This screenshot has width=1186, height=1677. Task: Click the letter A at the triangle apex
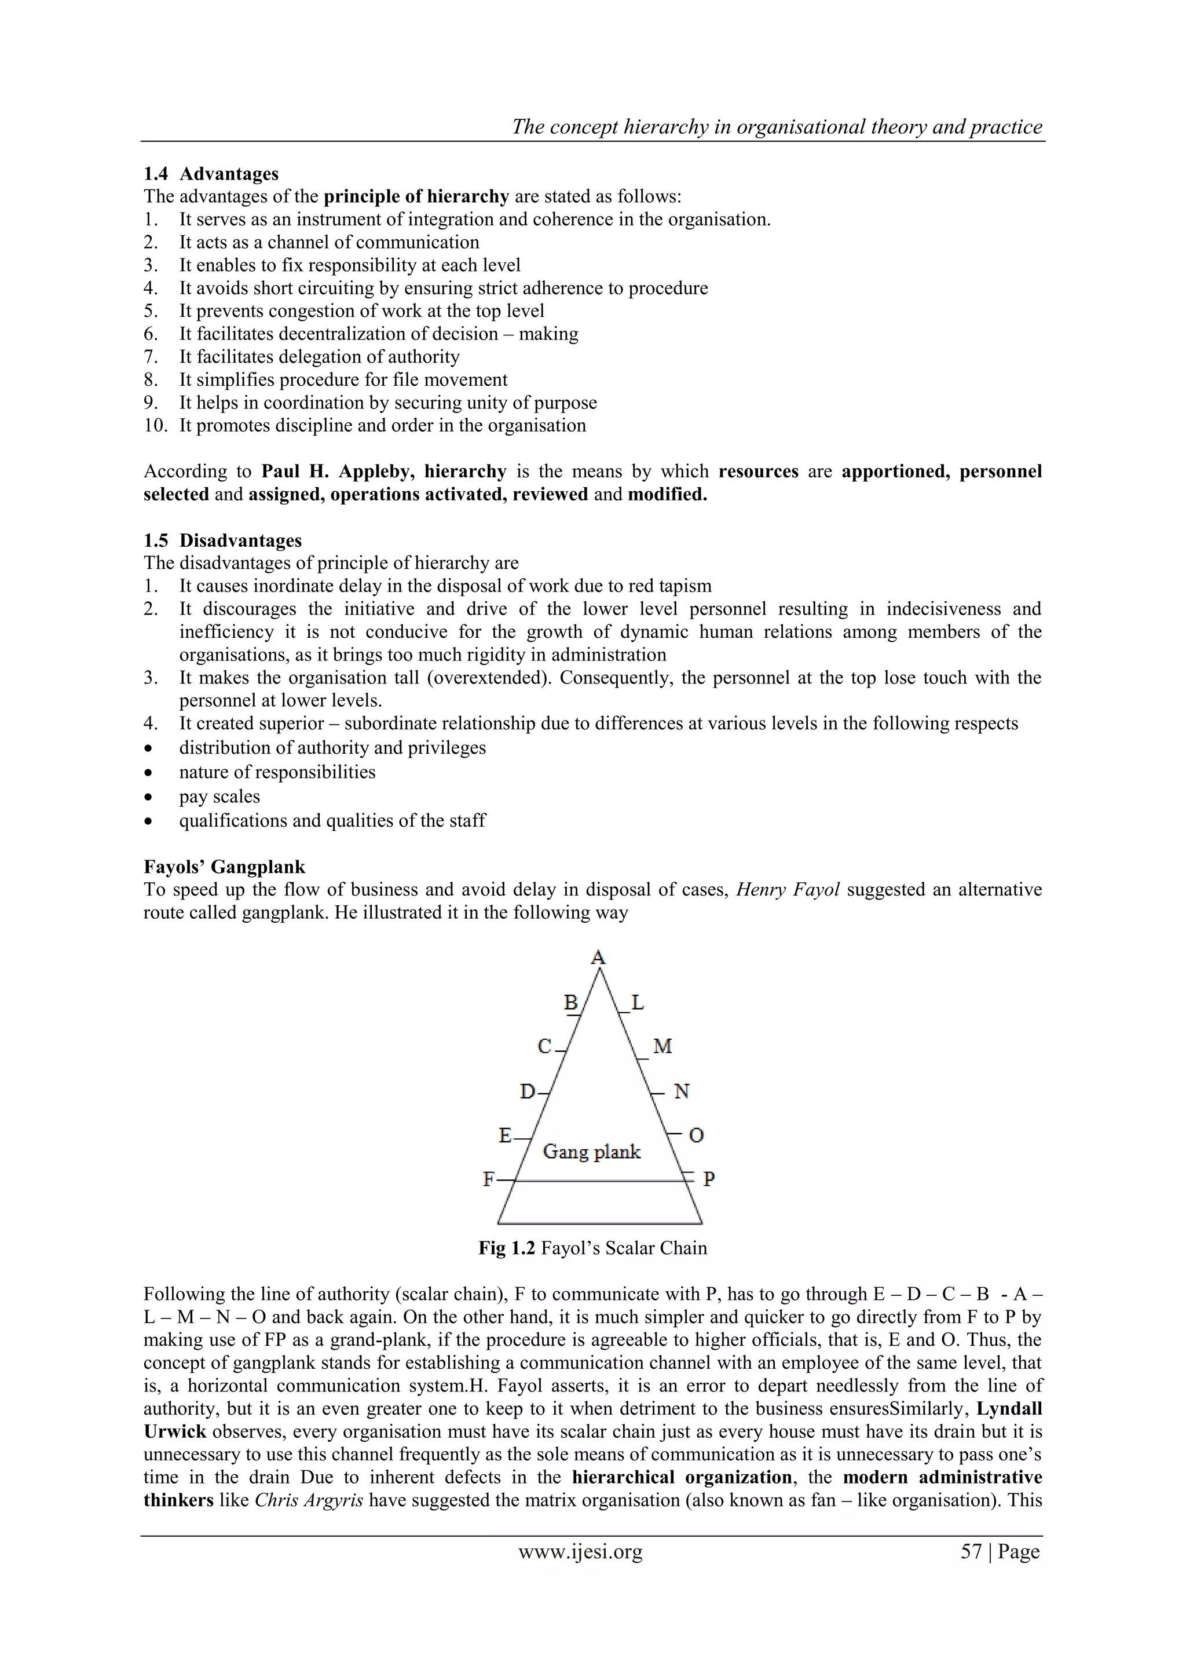(x=598, y=957)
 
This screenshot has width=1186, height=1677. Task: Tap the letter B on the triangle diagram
(x=571, y=1003)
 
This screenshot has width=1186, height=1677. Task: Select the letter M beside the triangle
(x=662, y=1047)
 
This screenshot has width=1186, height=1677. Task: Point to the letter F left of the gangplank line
(x=489, y=1179)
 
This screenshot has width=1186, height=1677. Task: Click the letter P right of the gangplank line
(x=708, y=1179)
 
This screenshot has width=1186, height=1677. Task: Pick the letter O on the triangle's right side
(x=696, y=1136)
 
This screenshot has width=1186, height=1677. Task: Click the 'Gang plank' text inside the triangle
(x=591, y=1152)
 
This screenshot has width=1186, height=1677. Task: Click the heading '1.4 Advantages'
(x=211, y=174)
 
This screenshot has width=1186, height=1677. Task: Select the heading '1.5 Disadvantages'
(x=223, y=540)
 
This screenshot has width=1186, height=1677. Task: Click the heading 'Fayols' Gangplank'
(x=224, y=867)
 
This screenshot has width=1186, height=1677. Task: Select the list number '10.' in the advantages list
(x=156, y=426)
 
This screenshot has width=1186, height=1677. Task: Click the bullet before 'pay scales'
(x=149, y=797)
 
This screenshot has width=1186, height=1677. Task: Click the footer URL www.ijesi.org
(x=581, y=1552)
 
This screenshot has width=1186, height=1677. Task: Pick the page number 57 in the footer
(x=971, y=1552)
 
